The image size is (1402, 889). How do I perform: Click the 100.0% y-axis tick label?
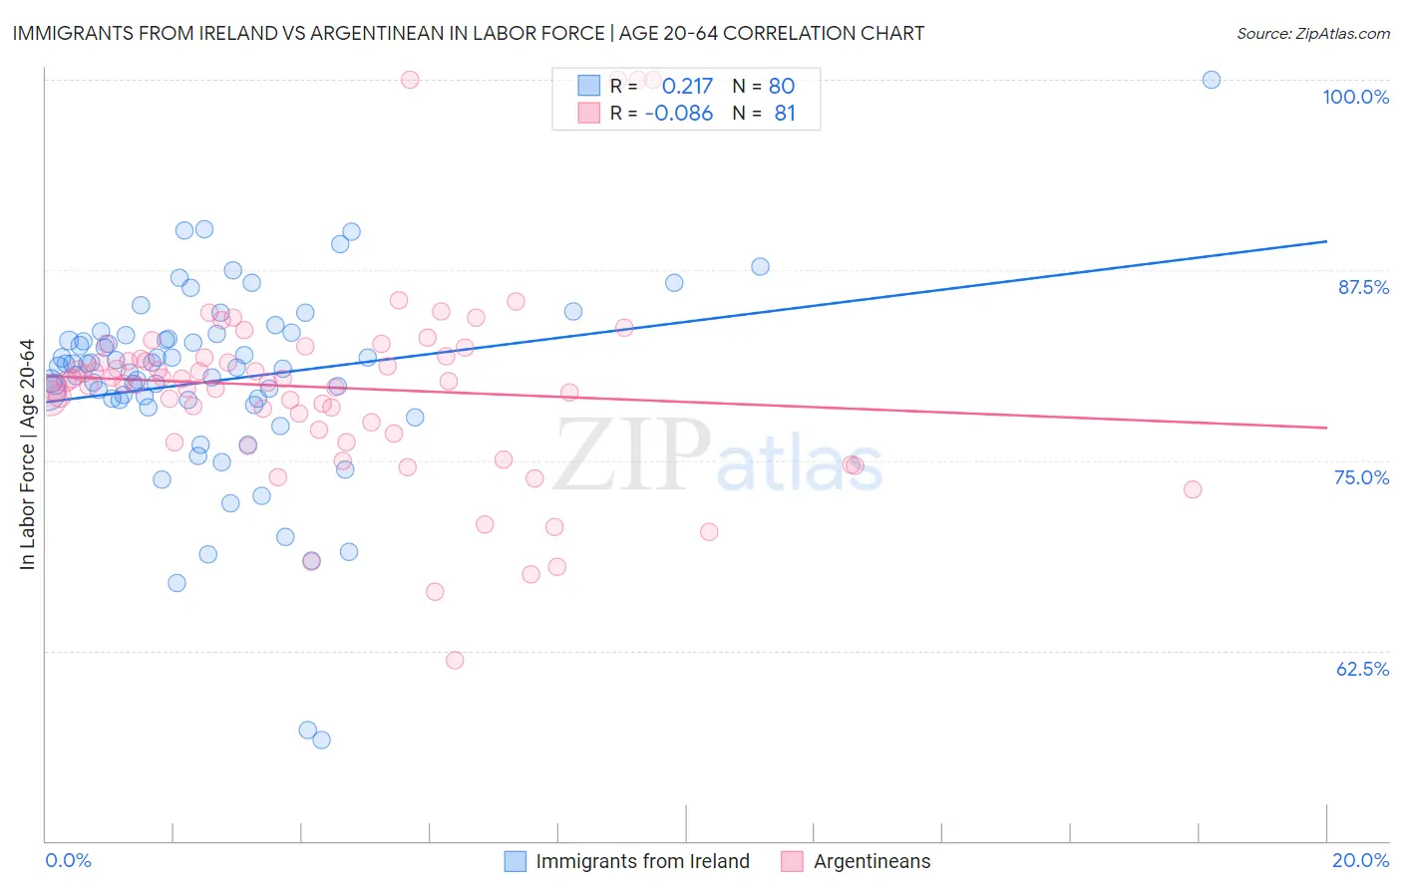1355,97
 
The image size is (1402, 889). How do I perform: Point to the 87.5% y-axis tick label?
1362,287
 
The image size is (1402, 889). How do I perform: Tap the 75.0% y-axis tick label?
1361,477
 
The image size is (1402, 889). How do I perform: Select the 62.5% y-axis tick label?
1362,669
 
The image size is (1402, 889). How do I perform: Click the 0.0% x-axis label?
68,860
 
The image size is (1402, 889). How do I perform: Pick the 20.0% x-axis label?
1360,860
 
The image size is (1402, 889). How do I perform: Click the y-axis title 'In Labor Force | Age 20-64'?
27,454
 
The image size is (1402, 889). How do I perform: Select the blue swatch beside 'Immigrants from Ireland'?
515,861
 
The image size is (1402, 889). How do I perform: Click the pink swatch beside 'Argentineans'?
792,861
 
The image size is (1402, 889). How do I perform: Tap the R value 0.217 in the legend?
687,86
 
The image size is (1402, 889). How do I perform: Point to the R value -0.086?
679,114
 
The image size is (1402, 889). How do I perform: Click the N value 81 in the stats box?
785,114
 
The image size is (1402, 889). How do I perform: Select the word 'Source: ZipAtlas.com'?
1312,33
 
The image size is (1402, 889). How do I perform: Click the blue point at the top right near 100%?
1212,80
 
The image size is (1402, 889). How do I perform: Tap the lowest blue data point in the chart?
321,740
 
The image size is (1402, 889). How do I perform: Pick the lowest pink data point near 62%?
455,660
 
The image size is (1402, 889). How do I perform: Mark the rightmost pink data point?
1193,489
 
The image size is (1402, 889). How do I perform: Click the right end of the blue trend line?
1326,241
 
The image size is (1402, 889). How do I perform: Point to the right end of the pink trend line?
1326,427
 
